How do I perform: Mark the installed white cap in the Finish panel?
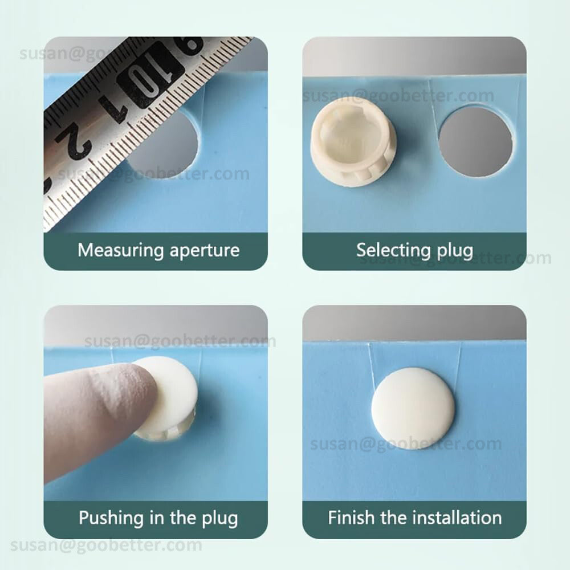point(413,408)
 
